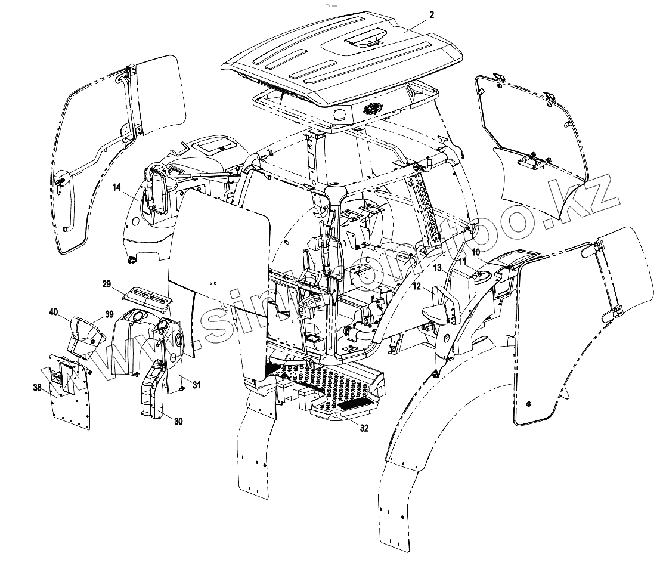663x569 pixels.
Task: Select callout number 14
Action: click(117, 188)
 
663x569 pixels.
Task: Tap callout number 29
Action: click(107, 284)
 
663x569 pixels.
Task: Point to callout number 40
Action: click(54, 312)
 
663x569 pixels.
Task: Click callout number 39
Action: click(109, 314)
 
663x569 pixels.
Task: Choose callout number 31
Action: click(196, 385)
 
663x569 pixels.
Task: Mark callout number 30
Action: click(178, 420)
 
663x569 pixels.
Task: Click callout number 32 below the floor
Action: click(364, 428)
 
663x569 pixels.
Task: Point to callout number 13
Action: click(417, 286)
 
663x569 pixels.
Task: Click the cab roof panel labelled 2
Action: click(334, 60)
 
